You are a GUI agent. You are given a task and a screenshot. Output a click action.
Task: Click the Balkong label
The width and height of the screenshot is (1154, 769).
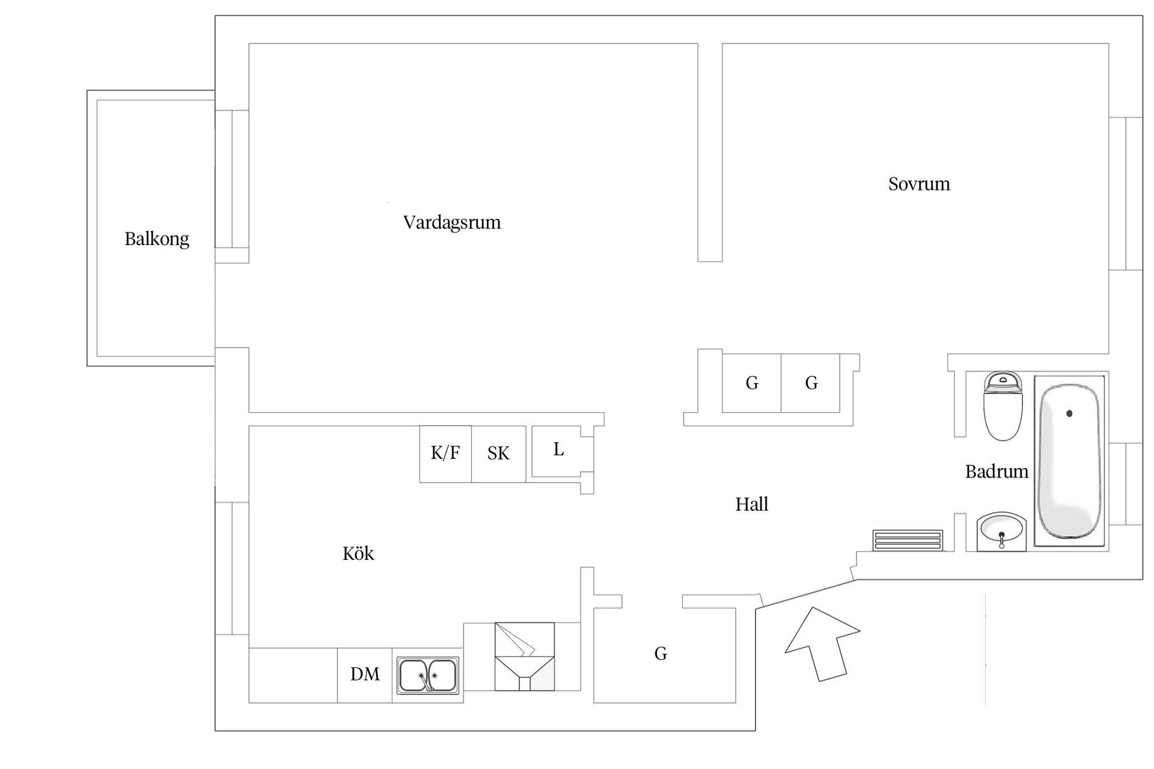point(157,239)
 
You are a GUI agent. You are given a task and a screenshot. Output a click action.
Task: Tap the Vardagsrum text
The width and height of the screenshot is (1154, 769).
point(452,222)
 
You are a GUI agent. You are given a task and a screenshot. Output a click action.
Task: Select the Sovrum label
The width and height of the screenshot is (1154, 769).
point(919,184)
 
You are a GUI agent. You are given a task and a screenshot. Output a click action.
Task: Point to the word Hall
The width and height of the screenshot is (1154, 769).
point(752,504)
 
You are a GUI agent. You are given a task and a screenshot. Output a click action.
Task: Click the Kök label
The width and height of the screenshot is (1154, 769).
point(358,553)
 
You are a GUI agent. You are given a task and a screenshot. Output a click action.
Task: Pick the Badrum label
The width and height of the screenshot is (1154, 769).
point(997,472)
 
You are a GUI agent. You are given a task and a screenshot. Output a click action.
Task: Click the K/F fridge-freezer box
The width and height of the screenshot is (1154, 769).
point(445,454)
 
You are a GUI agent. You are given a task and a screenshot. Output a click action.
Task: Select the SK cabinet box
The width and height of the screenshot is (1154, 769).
point(498,454)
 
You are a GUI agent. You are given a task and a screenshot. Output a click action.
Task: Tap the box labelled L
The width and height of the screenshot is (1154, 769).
point(558,451)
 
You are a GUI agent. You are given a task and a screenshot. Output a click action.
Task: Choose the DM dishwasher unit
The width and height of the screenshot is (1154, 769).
point(365,675)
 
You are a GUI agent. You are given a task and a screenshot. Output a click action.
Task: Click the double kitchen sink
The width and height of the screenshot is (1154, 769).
point(427,675)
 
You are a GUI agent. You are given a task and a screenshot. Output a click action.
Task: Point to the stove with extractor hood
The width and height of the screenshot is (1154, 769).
point(524,656)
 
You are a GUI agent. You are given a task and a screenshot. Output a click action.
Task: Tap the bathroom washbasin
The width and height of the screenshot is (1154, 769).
point(1001,530)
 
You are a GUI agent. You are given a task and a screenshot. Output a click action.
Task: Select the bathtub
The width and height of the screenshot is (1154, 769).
point(1070,461)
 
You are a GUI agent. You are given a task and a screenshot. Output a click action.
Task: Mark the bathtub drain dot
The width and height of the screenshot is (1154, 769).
point(1069,413)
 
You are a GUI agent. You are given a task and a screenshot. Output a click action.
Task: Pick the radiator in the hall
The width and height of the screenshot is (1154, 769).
point(908,540)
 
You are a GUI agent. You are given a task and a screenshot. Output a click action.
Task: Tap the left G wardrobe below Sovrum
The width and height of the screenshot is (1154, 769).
point(752,383)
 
